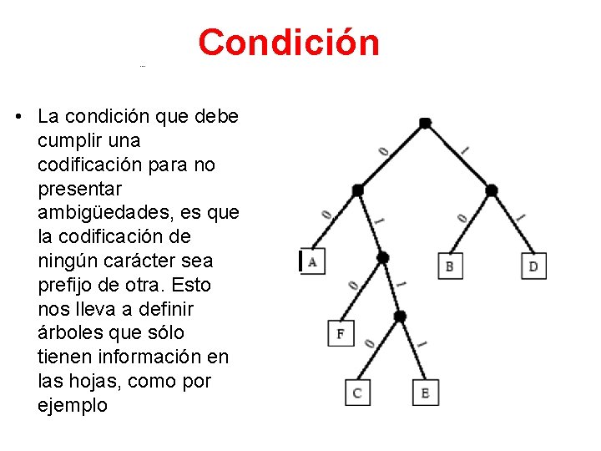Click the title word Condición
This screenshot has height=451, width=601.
[289, 43]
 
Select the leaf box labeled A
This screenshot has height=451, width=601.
[312, 261]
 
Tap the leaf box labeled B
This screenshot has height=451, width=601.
[450, 266]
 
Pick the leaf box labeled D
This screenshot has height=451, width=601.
[533, 266]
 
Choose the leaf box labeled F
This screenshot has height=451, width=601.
[340, 333]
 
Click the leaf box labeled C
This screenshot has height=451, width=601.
[357, 393]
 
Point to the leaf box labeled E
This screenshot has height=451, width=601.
[425, 393]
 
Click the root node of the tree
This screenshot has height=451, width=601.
[425, 123]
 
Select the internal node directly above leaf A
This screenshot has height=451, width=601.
[357, 190]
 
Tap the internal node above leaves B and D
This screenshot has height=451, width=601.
[492, 190]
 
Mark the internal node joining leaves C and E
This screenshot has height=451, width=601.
[399, 316]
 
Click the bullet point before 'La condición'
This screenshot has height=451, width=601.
[18, 117]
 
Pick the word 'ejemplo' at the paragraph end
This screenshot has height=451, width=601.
[73, 405]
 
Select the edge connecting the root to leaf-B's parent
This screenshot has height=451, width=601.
[458, 156]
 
